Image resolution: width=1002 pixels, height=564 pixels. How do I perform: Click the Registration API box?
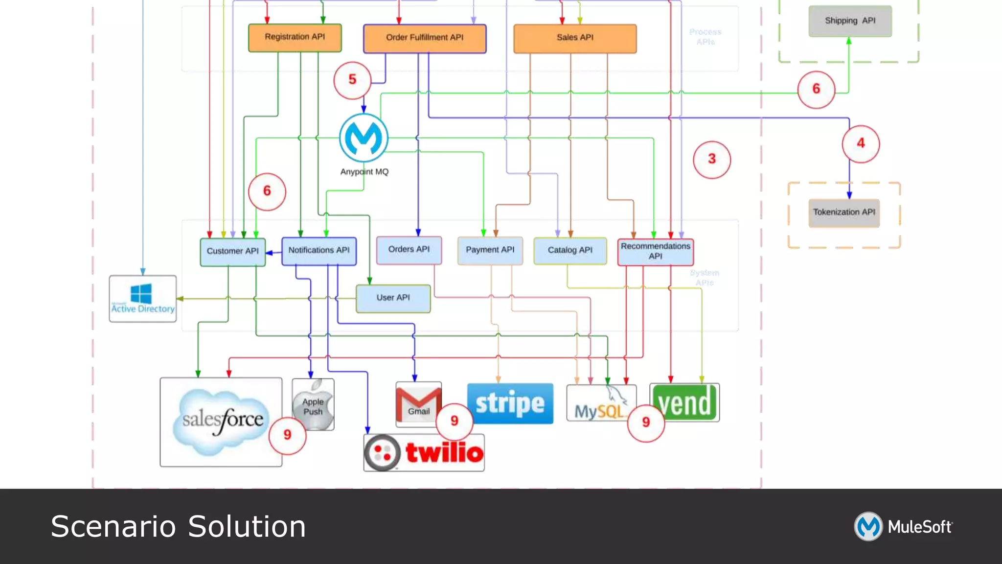point(295,37)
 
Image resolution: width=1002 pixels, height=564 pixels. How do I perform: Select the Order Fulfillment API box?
point(424,38)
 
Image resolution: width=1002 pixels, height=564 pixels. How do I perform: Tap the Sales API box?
point(575,38)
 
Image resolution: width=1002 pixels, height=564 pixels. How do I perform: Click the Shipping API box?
point(850,21)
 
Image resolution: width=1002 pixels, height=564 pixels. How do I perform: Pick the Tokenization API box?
point(844,212)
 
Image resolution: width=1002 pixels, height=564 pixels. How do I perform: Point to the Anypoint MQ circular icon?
point(364,138)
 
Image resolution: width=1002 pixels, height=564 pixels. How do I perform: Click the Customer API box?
point(232,252)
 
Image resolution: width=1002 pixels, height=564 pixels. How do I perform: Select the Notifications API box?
point(319,251)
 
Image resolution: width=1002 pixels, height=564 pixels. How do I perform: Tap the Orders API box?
point(409,250)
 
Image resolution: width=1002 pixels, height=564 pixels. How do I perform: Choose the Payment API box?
point(490,250)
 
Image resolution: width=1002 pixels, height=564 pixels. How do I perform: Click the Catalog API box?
point(570,251)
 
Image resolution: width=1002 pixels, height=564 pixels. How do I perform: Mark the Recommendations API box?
point(655,252)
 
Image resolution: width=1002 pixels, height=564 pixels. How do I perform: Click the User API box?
point(393,298)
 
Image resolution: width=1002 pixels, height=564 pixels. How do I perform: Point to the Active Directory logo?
point(142,298)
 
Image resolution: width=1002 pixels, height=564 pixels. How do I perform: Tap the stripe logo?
point(510,403)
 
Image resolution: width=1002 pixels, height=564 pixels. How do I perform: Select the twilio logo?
point(424,452)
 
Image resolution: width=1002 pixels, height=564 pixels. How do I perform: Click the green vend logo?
point(684,402)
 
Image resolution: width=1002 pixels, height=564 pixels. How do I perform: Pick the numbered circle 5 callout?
point(352,80)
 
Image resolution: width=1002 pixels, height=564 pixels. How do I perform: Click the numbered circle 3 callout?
point(712,159)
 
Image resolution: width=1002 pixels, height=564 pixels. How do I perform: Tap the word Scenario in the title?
point(113,527)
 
